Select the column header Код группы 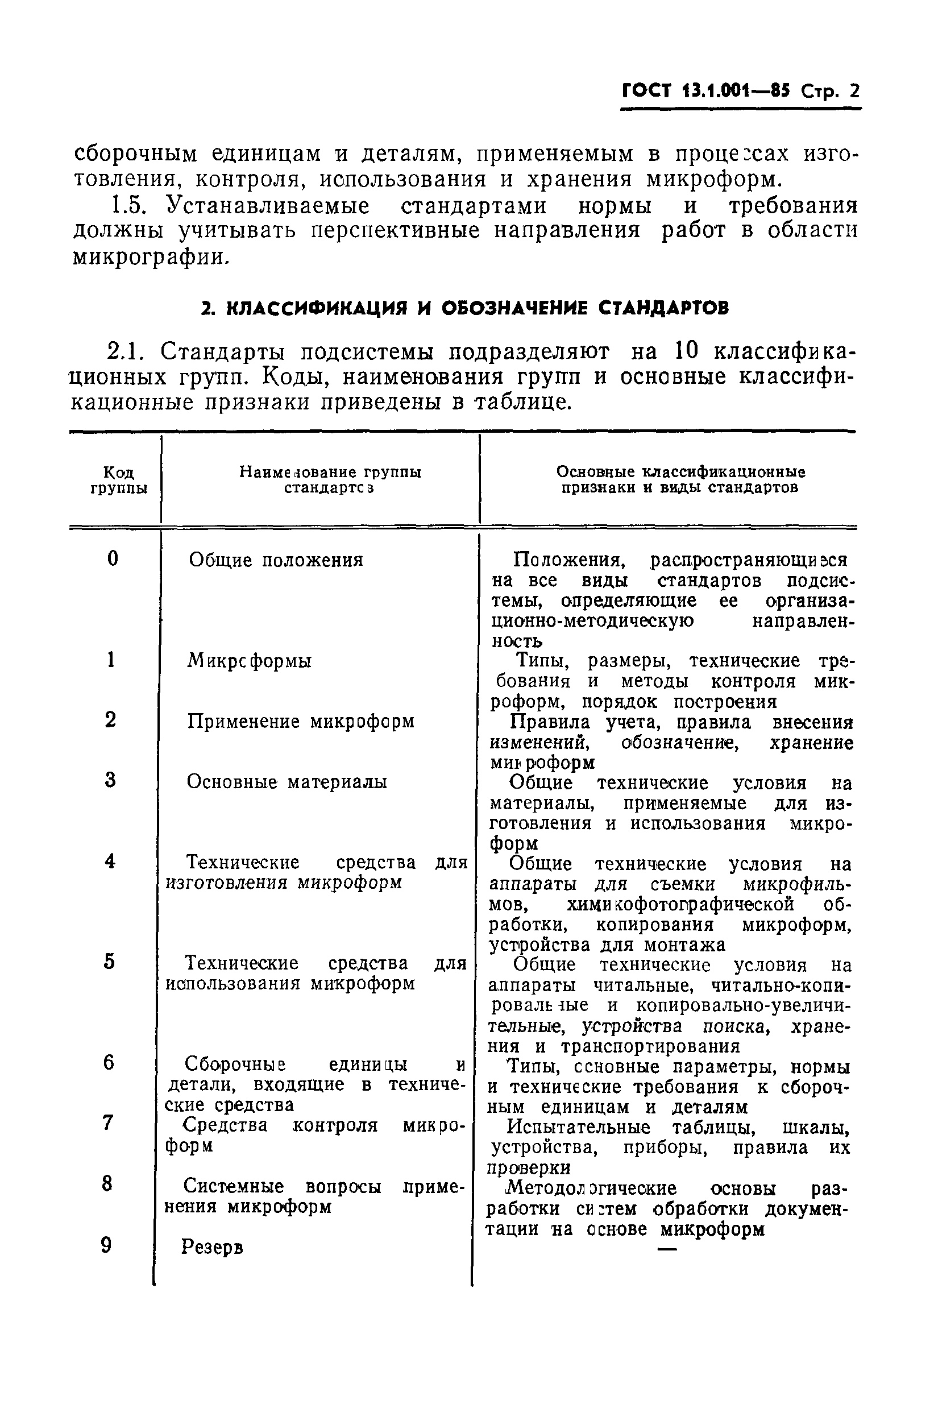119,480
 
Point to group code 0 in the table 113,559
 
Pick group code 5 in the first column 109,962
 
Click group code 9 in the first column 107,1245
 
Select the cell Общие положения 276,560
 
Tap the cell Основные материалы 287,781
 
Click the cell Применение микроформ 301,722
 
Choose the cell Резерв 212,1246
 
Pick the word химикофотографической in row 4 680,904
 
